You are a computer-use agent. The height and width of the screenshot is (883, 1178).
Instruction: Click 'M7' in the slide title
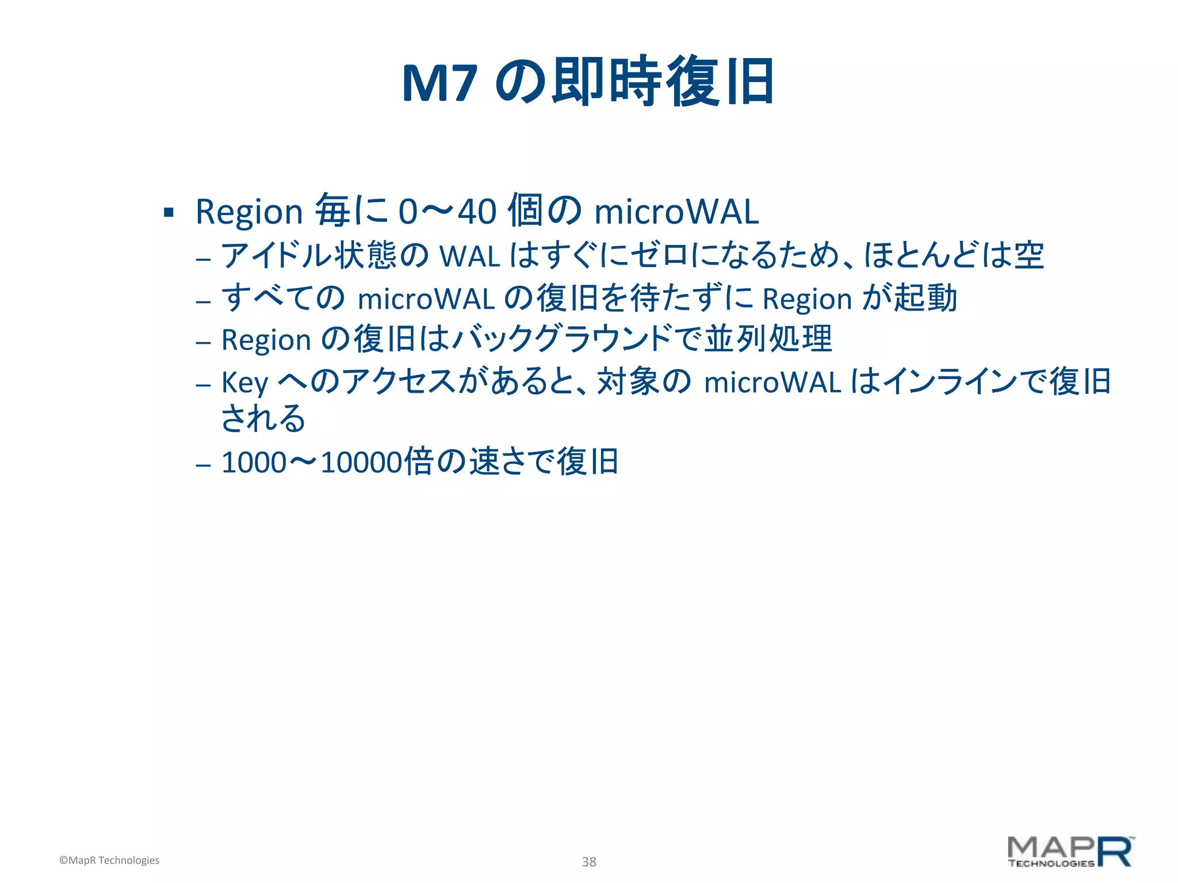[439, 84]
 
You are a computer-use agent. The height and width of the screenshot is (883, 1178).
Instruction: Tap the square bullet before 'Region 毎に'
[169, 213]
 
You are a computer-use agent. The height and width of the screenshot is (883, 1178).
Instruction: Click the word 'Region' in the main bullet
[248, 212]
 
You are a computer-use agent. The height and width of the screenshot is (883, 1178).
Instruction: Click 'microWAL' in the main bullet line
[676, 212]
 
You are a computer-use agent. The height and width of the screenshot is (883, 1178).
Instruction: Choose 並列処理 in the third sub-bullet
[768, 339]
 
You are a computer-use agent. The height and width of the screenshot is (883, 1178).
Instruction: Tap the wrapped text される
[263, 418]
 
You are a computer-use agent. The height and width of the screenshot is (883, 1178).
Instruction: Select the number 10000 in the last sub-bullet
[362, 463]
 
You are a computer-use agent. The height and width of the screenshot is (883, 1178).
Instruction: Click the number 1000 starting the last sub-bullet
[254, 463]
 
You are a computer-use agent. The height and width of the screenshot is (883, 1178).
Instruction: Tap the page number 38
[589, 862]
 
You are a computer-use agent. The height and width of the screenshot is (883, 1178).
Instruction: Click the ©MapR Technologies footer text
[109, 860]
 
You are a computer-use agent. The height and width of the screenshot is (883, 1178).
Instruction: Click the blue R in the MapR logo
[1115, 852]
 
